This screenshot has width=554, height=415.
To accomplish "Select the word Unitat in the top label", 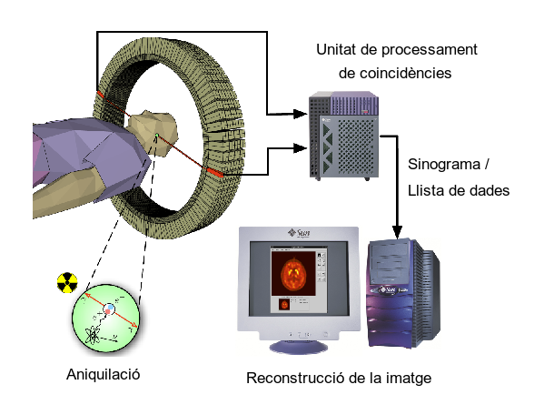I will (338, 48).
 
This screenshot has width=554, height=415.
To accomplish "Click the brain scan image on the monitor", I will (292, 278).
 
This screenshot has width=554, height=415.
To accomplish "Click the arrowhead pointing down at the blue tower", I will (397, 232).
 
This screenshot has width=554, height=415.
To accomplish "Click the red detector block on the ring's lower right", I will (215, 171).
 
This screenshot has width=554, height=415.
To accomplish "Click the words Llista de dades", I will (459, 190).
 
